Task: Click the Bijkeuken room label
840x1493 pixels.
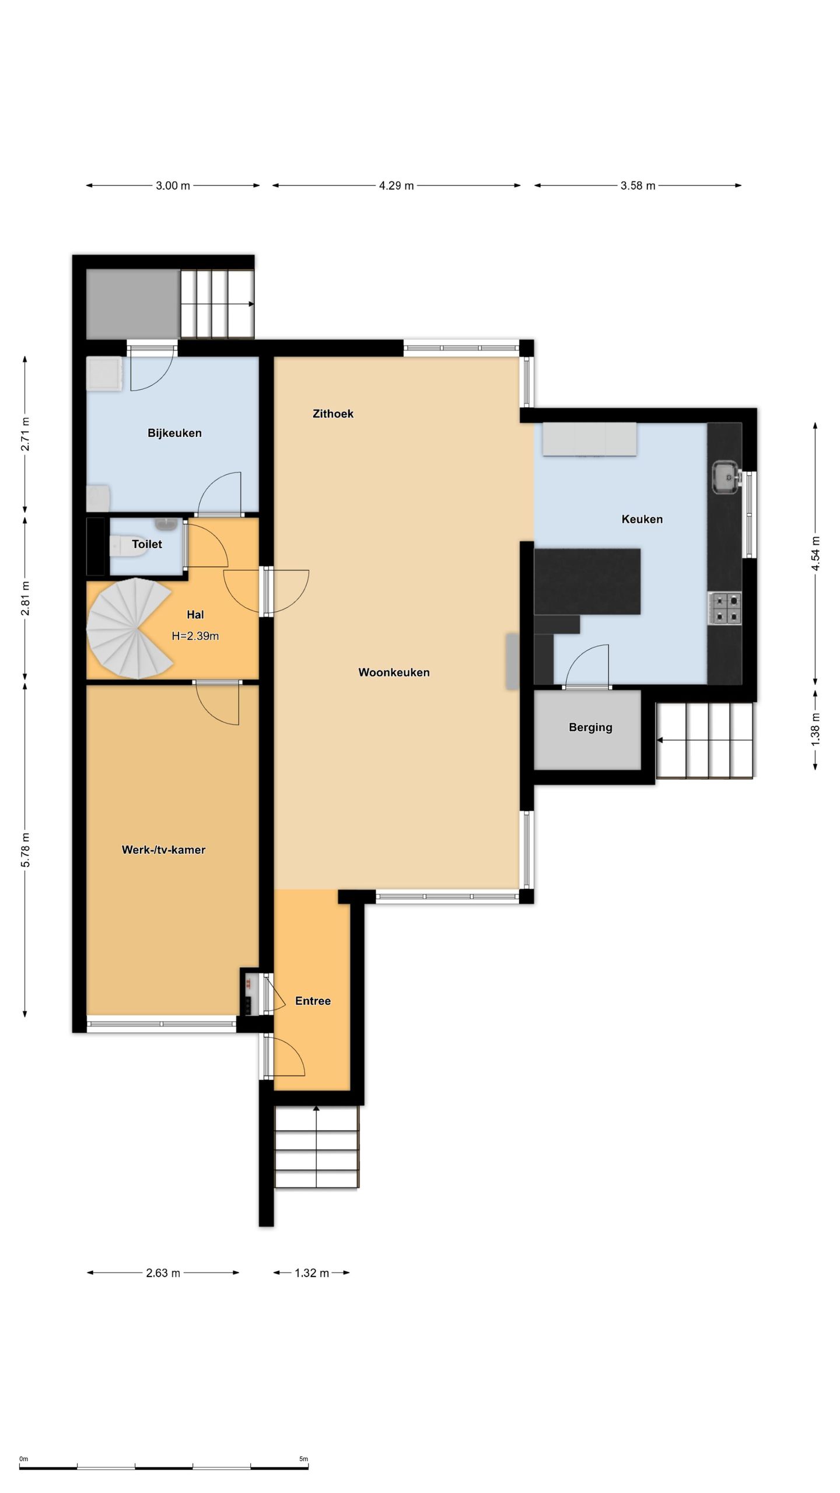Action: [x=174, y=433]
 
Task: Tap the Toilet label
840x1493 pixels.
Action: [x=147, y=544]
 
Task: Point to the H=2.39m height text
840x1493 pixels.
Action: [x=195, y=636]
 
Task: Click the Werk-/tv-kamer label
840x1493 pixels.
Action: [x=163, y=850]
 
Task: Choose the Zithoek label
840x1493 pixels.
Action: [x=333, y=413]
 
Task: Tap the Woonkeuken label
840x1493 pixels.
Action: [x=394, y=672]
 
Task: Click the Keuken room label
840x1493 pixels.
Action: [x=642, y=519]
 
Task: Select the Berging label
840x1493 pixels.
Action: [x=590, y=727]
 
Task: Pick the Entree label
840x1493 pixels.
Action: [x=313, y=1001]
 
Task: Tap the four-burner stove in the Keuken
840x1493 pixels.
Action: [x=725, y=608]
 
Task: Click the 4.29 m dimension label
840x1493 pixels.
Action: [x=396, y=185]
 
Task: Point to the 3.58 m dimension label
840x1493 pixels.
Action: [x=638, y=185]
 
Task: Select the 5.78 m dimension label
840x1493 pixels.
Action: [x=25, y=850]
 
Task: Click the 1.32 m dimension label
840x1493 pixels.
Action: [x=311, y=1273]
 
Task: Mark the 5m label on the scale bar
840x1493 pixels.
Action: [x=303, y=1459]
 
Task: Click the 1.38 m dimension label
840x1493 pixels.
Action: [x=815, y=729]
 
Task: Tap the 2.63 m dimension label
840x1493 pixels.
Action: [x=163, y=1273]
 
